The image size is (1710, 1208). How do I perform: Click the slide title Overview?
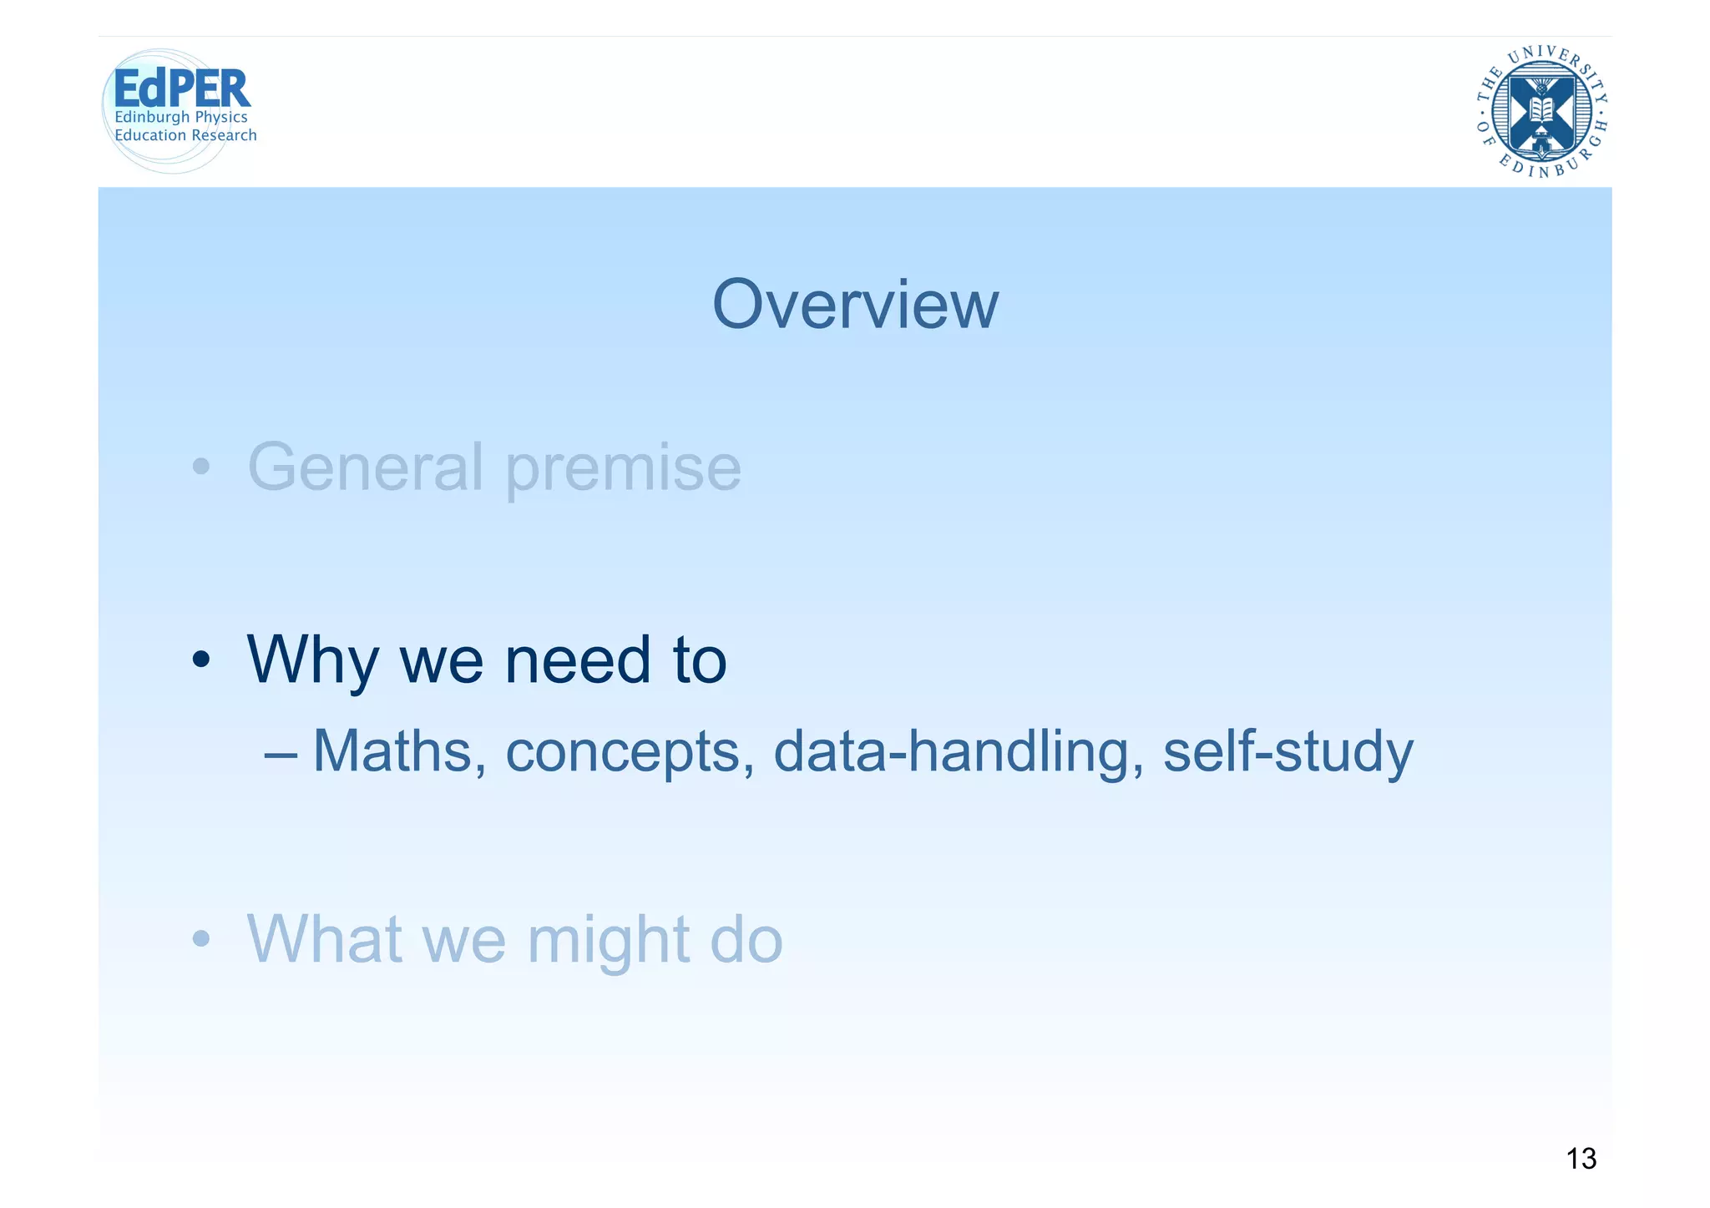pos(854,306)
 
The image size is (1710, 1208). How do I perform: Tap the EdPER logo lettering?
pos(181,88)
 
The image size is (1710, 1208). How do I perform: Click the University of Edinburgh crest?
pos(1541,112)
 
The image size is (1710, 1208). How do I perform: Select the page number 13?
pos(1581,1159)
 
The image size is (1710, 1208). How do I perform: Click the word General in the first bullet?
pos(365,468)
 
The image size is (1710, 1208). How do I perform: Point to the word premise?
pos(623,470)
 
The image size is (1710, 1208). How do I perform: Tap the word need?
pos(578,660)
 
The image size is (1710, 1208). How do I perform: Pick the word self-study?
pos(1288,751)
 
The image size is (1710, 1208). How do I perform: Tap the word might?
pos(608,941)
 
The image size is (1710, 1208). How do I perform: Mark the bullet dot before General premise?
pos(200,468)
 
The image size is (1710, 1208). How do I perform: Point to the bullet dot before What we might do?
pos(200,939)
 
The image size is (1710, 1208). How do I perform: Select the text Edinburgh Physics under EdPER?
pos(181,118)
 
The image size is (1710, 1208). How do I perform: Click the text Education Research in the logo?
pos(185,135)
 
